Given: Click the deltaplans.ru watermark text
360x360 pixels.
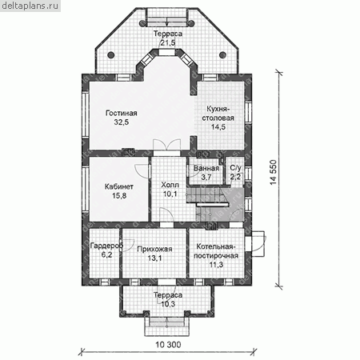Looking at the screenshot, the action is [30, 6].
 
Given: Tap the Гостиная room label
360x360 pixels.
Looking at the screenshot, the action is [122, 113].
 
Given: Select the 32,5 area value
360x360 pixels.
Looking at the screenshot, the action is [122, 122].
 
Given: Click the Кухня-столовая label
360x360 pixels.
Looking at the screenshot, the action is [218, 114].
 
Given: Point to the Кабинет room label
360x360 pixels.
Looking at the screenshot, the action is [119, 186].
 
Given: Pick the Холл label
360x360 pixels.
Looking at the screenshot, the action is [170, 185].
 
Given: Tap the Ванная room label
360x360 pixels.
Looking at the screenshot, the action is [206, 168].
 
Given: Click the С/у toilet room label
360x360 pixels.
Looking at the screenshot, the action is [235, 168].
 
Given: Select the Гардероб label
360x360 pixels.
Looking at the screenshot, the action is [106, 246].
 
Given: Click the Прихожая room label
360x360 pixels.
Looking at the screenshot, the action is [154, 249].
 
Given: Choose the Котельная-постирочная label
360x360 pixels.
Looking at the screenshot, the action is [216, 251].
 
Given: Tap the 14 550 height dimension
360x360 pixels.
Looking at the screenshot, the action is [274, 173].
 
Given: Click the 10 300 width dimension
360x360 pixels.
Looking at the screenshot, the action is [168, 345].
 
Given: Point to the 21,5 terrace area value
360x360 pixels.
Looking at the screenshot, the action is [168, 42].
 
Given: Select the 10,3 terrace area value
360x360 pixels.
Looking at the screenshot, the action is [168, 304].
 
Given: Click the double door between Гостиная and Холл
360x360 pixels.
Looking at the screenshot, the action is [167, 146].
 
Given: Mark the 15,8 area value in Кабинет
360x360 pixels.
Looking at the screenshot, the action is [119, 195].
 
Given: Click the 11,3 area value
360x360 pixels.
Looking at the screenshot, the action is [216, 265].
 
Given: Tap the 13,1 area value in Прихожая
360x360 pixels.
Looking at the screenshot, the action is [154, 258].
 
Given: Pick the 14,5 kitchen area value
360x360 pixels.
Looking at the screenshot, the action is [218, 127].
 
